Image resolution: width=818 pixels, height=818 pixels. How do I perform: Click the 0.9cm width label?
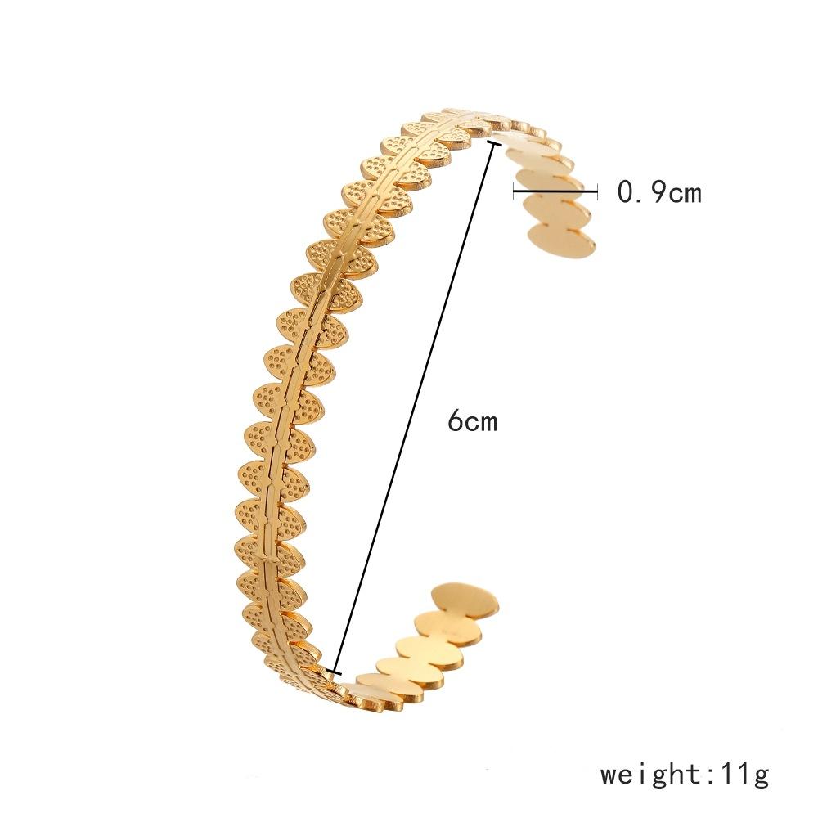pos(659,192)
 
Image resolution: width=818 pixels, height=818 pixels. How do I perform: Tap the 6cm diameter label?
pos(472,421)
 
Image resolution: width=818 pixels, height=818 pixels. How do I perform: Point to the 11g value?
pos(742,773)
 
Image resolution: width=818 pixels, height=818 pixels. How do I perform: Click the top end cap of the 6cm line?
pos(492,144)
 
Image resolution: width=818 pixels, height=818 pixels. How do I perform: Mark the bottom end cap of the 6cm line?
pos(331,672)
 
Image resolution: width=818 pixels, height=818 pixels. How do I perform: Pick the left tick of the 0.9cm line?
pos(514,192)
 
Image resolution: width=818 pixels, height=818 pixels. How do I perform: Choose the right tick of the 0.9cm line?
pos(596,192)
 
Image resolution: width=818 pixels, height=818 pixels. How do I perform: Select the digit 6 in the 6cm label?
pos(454,421)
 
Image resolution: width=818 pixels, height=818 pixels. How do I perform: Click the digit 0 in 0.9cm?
pos(624,192)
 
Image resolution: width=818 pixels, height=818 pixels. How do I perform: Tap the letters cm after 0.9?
pos(684,193)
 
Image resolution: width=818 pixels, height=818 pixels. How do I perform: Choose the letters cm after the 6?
pos(482,422)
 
